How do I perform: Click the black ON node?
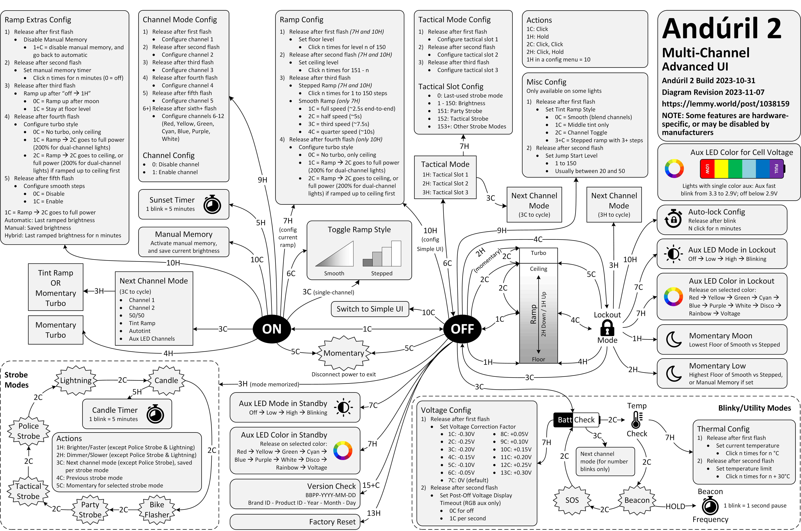click(272, 329)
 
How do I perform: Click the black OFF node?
click(462, 329)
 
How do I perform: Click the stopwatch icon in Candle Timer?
click(155, 414)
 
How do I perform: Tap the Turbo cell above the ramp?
click(538, 253)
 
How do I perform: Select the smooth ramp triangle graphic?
click(334, 254)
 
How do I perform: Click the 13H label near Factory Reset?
click(374, 513)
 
